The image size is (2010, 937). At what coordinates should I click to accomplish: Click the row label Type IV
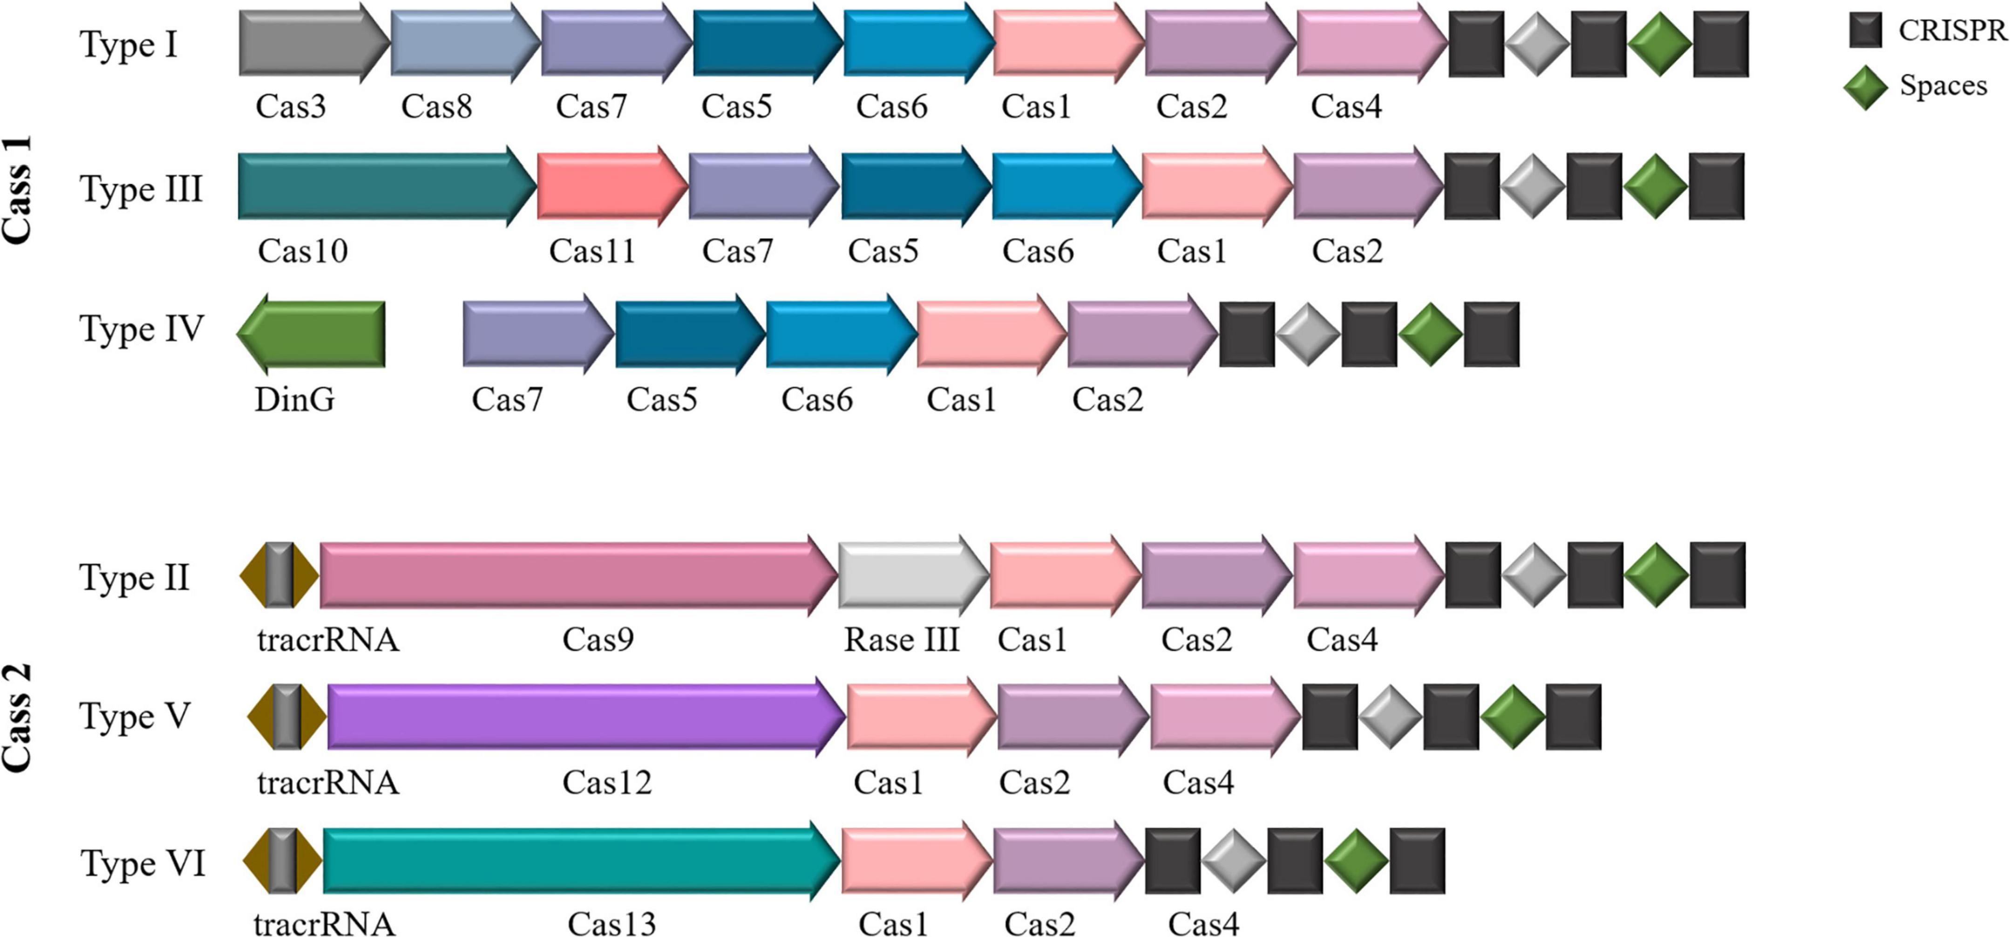pos(141,329)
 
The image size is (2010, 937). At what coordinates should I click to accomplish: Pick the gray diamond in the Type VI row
pos(1233,861)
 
